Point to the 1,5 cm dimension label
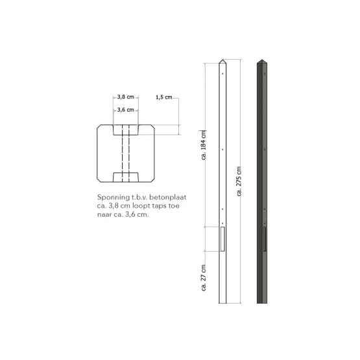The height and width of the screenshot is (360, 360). [x=163, y=97]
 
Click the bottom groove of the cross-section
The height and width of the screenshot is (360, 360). [x=126, y=176]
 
